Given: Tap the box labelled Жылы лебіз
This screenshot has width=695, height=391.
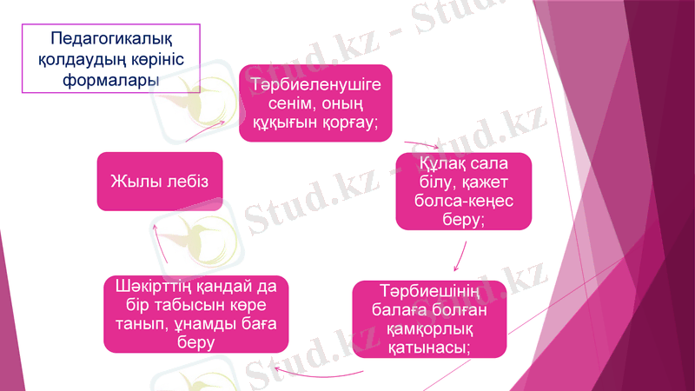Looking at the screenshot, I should pos(160,181).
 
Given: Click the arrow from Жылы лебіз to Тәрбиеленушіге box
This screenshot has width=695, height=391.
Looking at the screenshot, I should pos(205,130).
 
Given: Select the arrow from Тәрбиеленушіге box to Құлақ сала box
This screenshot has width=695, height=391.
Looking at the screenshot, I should pos(422,144).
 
